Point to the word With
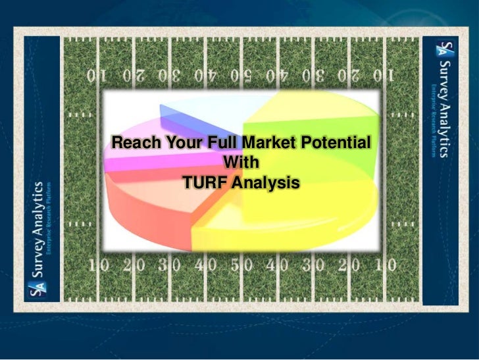click(241, 161)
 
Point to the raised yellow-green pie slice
click(309, 112)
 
